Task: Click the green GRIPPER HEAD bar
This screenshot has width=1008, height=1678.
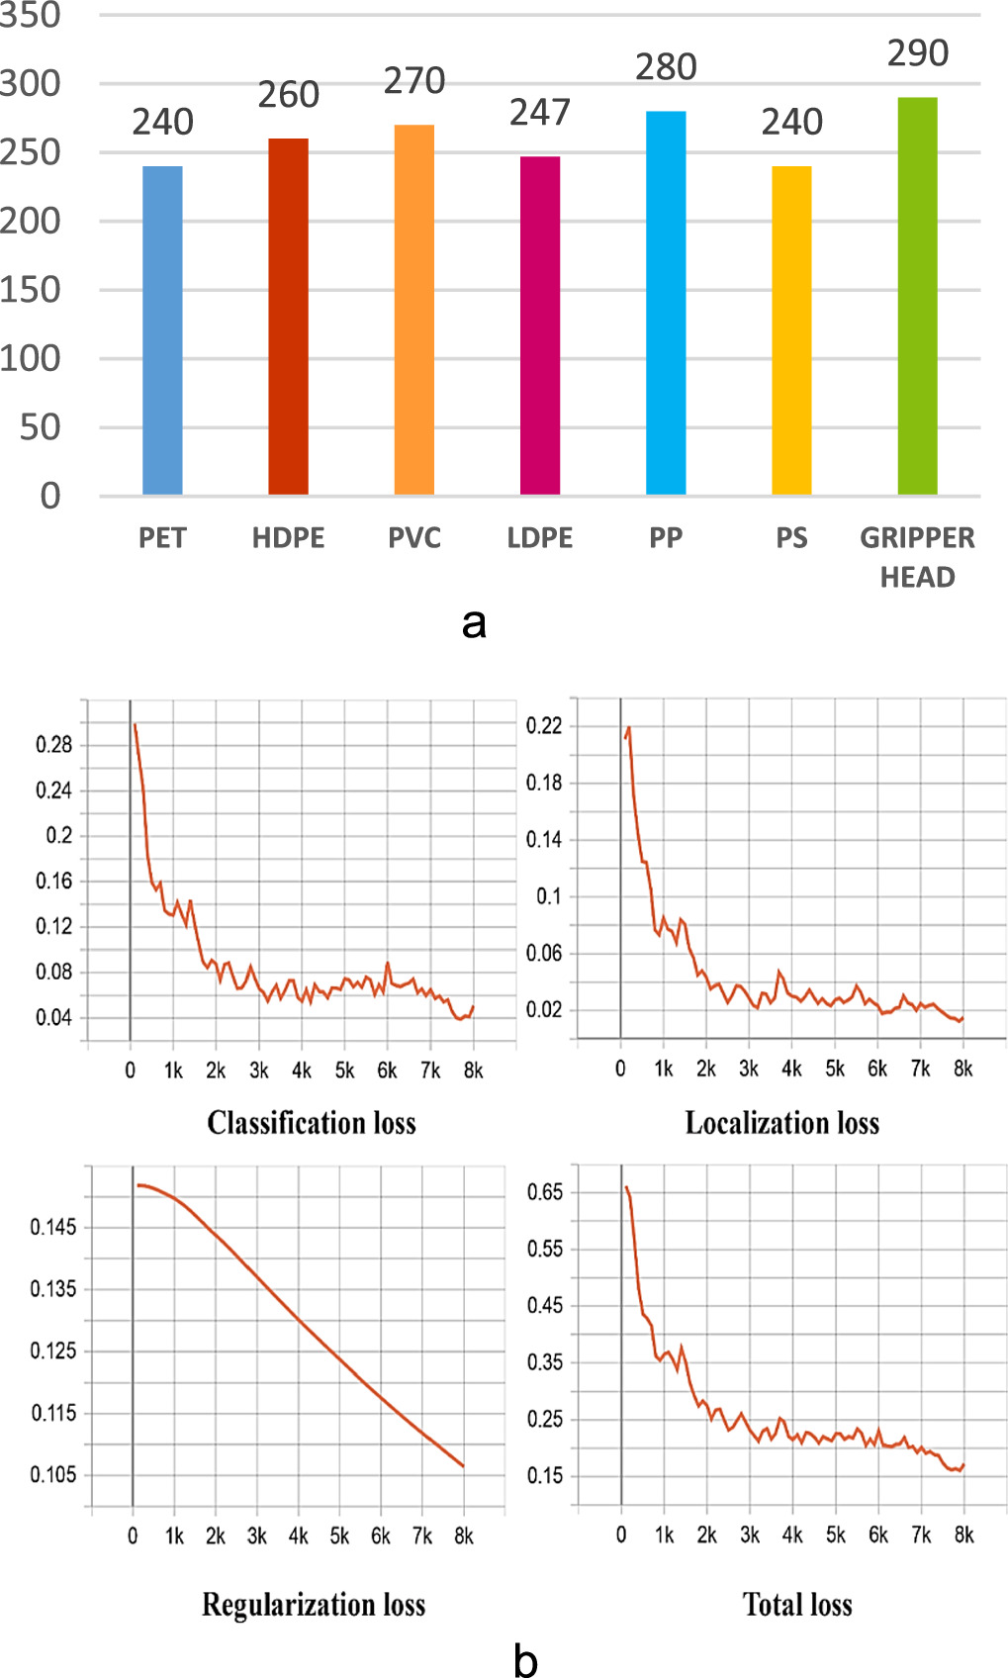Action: point(917,296)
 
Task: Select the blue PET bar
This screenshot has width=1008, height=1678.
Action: point(162,330)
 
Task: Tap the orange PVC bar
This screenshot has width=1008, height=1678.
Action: point(413,310)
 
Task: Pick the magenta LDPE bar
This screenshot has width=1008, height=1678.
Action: point(540,326)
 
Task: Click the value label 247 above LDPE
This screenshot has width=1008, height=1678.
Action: point(540,113)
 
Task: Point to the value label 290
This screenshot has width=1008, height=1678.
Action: point(918,53)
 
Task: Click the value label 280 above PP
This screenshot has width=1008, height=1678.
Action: point(666,67)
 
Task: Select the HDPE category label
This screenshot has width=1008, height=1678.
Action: point(288,538)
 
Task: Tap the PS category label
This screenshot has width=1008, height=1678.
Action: point(791,538)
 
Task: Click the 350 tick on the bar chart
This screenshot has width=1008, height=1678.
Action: point(30,15)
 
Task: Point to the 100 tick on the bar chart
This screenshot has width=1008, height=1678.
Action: point(30,358)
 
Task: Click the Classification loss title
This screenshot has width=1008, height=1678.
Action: point(312,1123)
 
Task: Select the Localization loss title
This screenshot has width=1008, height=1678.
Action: point(782,1123)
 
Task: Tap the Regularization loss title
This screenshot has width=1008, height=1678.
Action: point(314,1604)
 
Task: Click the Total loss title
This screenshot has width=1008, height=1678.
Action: point(797,1604)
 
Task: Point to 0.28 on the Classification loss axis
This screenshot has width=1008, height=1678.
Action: point(54,745)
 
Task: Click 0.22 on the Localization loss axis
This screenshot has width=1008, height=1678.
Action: point(544,726)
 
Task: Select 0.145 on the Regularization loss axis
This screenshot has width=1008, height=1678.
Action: point(53,1228)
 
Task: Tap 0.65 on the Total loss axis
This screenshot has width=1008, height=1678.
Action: point(545,1192)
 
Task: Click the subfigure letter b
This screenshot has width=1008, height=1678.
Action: point(525,1660)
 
